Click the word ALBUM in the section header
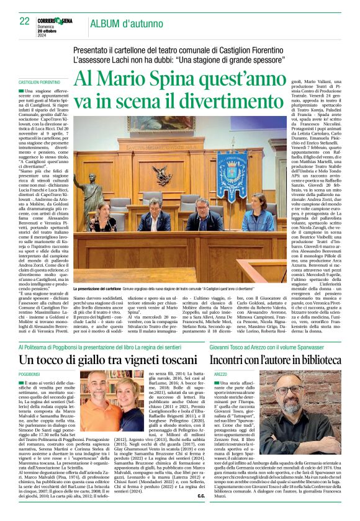pos(106,24)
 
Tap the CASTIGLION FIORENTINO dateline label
pos(39,82)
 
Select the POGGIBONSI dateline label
pos(29,375)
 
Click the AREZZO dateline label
pos(220,375)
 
